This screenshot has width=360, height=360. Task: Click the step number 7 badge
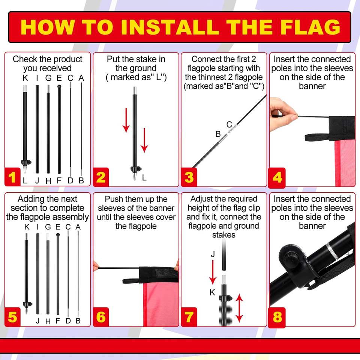189,317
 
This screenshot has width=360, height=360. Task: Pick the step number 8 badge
277,317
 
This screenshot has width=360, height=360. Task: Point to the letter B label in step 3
218,134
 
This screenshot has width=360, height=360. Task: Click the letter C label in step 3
229,124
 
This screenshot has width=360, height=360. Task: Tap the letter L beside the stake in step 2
144,177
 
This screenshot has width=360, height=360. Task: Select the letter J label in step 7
213,254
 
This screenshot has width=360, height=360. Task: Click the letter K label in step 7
212,292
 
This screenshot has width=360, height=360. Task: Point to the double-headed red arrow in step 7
239,308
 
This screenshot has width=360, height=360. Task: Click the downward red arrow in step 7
213,273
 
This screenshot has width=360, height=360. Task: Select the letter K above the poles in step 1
25,78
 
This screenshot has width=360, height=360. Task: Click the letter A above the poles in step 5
78,227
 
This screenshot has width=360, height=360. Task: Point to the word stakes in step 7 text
223,235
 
